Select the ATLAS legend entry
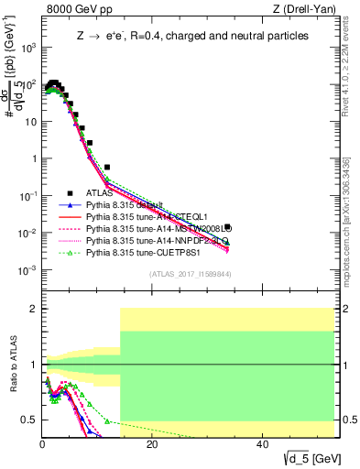(102, 193)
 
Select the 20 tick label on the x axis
(152, 444)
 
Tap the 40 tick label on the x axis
(262, 444)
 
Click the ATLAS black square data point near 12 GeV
(107, 168)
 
